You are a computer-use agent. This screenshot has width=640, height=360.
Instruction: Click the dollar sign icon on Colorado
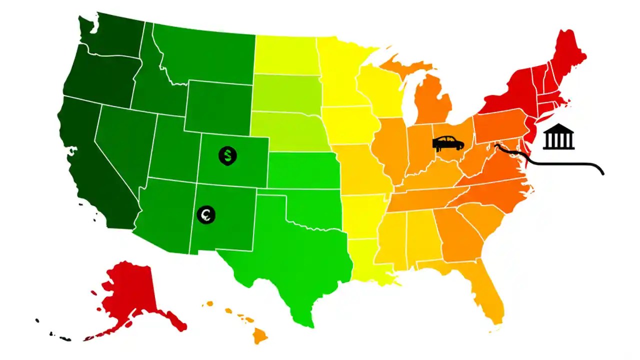(x=227, y=155)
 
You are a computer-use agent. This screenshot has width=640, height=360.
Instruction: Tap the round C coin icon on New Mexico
(x=205, y=214)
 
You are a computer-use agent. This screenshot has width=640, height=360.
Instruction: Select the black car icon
(x=448, y=143)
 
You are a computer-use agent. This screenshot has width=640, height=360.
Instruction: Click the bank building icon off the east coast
(x=559, y=136)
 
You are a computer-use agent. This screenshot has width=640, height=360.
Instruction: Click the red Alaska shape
(x=130, y=292)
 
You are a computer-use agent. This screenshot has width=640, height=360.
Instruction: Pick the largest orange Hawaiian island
(x=260, y=335)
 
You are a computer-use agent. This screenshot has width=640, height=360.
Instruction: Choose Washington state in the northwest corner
(x=112, y=35)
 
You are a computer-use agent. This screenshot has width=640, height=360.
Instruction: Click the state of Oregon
(x=100, y=75)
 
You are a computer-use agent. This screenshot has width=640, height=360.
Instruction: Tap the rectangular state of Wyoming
(x=217, y=107)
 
